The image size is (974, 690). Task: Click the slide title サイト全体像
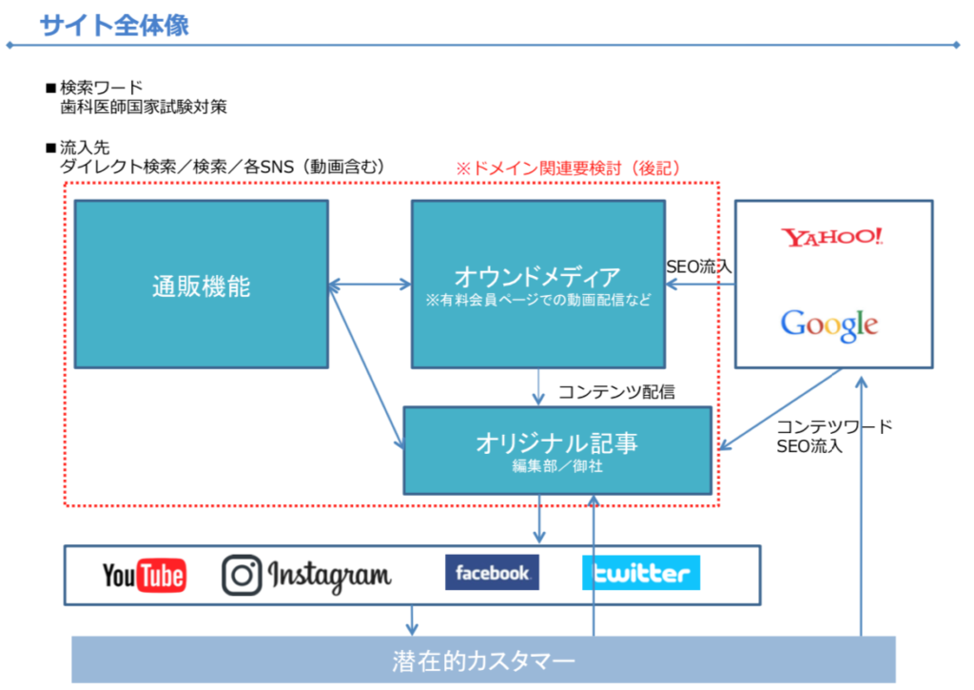(x=114, y=26)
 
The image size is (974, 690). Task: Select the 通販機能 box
(x=202, y=284)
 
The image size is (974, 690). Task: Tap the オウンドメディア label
(x=537, y=277)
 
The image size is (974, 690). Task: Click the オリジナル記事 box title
(x=556, y=444)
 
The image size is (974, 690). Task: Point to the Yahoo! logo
(x=832, y=237)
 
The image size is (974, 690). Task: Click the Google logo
(x=829, y=325)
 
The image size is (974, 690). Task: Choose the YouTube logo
(x=145, y=575)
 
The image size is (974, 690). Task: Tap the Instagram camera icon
(x=242, y=575)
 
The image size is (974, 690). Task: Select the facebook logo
(x=492, y=573)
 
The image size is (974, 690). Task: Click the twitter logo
(x=641, y=573)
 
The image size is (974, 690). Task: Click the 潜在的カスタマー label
(x=483, y=661)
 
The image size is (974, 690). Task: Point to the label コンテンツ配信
(x=616, y=391)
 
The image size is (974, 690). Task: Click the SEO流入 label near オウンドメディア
(x=699, y=266)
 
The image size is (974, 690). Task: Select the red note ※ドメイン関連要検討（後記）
(x=569, y=168)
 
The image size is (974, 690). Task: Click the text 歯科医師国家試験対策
(x=144, y=107)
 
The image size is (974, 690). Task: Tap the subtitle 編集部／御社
(x=557, y=466)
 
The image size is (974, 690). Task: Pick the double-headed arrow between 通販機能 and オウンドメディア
(x=370, y=285)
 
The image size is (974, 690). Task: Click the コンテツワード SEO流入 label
(x=834, y=437)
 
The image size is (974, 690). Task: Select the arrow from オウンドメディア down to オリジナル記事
(x=538, y=387)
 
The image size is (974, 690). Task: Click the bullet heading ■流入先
(x=78, y=148)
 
